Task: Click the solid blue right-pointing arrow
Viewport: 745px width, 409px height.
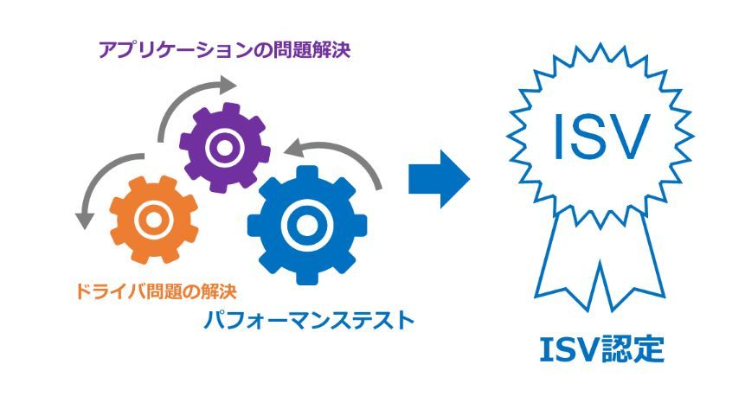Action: click(439, 179)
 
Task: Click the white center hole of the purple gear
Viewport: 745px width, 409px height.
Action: click(224, 148)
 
